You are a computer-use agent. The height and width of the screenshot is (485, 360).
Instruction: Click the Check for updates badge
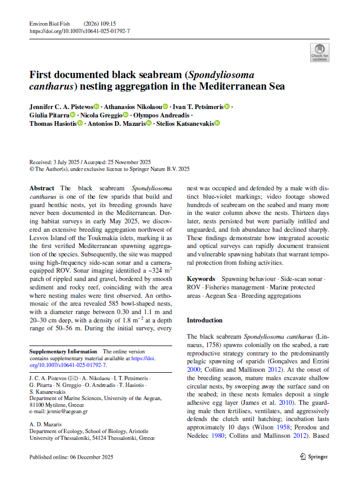(x=320, y=53)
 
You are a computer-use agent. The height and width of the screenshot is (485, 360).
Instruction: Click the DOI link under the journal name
(x=80, y=31)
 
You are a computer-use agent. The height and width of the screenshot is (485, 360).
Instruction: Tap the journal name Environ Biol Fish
(x=50, y=24)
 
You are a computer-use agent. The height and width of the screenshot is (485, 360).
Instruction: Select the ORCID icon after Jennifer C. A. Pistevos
(x=97, y=106)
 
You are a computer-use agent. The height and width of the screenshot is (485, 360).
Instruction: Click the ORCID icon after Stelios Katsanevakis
(x=217, y=123)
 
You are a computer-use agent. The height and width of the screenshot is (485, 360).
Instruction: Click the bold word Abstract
(x=42, y=188)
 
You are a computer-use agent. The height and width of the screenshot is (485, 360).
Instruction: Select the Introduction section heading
(x=205, y=320)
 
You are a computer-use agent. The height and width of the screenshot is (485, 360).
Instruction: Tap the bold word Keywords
(x=201, y=279)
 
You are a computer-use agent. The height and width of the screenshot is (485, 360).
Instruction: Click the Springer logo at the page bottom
(x=313, y=457)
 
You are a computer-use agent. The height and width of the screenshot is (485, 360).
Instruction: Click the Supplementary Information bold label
(x=63, y=351)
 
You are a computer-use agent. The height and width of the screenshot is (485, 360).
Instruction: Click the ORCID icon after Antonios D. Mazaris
(x=149, y=123)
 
